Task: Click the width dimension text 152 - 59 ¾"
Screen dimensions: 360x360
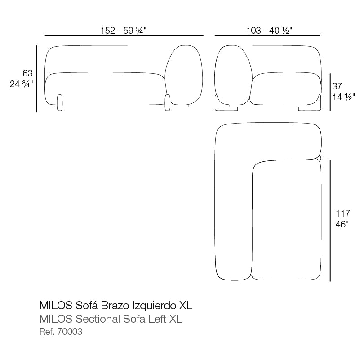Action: click(x=124, y=30)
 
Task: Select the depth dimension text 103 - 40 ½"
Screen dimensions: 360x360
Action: click(x=269, y=30)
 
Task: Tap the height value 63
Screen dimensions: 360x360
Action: click(x=27, y=73)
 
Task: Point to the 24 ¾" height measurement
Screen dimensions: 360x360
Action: click(x=22, y=84)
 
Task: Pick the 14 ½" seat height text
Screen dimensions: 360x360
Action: click(x=343, y=96)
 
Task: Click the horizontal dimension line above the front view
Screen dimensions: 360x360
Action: click(x=124, y=36)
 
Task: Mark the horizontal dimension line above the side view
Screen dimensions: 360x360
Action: click(x=267, y=36)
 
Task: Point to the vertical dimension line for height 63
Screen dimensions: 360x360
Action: click(x=37, y=78)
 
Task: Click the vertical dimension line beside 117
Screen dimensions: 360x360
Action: click(x=330, y=220)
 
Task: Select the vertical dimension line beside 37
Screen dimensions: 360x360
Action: click(x=330, y=92)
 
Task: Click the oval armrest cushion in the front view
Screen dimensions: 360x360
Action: click(x=183, y=74)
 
